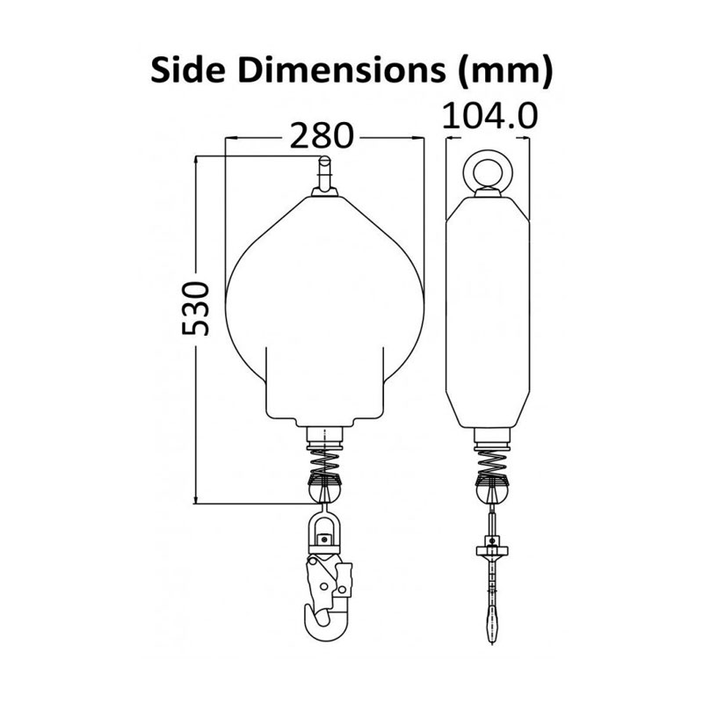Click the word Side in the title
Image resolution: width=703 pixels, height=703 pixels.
187,70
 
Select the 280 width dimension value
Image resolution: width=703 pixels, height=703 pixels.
322,135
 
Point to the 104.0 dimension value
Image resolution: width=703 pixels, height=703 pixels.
489,116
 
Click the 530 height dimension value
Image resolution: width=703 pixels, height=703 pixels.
195,308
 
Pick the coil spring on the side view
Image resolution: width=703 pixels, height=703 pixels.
492,464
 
